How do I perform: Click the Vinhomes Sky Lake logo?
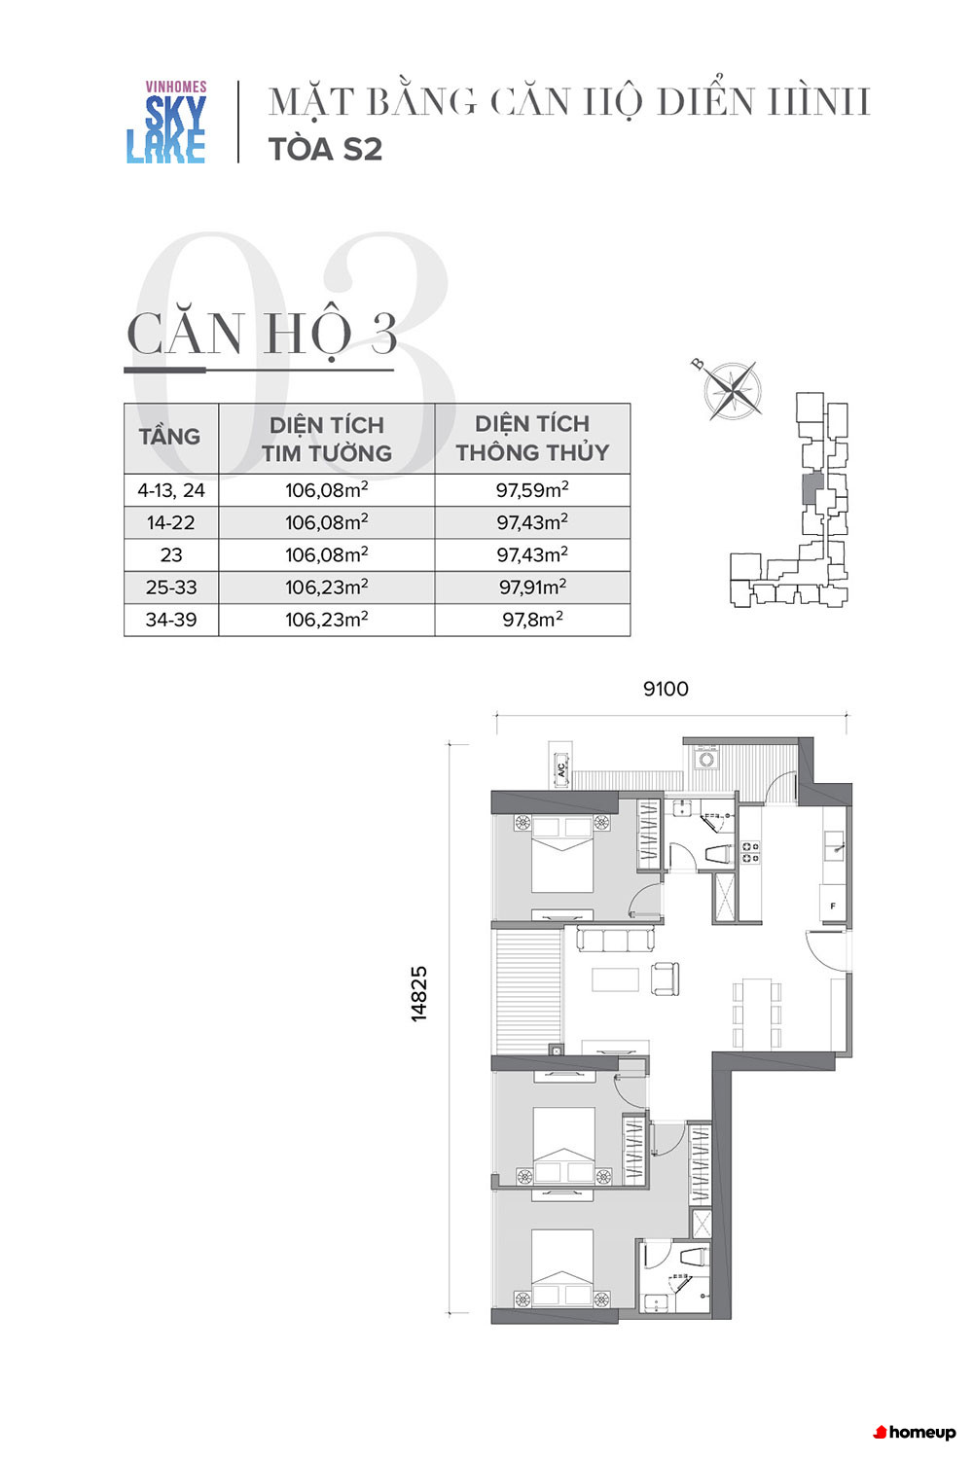tap(166, 122)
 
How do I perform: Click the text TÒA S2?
tap(325, 149)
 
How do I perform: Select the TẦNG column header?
tap(169, 437)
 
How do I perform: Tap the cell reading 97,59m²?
tap(532, 490)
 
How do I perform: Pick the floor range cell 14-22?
tap(171, 522)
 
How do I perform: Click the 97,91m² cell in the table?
tap(532, 587)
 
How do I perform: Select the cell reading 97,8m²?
tap(532, 619)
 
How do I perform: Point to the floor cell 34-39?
tap(171, 619)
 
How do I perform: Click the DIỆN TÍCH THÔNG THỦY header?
tap(532, 438)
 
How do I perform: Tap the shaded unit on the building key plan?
tap(811, 487)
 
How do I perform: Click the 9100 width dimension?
tap(666, 689)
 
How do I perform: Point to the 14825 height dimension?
tap(418, 993)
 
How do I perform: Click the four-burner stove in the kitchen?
tap(749, 852)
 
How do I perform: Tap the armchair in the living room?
tap(665, 979)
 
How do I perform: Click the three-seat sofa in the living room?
tap(615, 940)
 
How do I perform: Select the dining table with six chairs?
tap(756, 1013)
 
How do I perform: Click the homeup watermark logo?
tap(915, 1432)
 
